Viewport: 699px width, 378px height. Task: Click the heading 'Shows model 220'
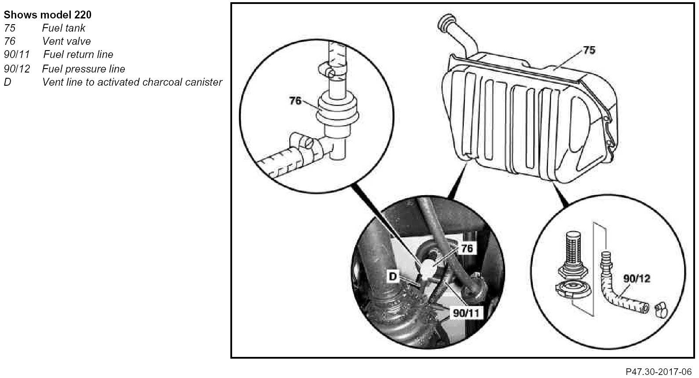pyautogui.click(x=47, y=15)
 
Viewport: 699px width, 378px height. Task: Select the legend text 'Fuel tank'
pyautogui.click(x=64, y=28)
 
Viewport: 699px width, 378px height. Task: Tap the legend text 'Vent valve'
pyautogui.click(x=66, y=41)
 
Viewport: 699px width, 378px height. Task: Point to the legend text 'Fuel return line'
pyautogui.click(x=78, y=55)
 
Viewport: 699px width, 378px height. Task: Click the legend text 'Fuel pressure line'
pyautogui.click(x=84, y=69)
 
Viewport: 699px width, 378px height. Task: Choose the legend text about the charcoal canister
pyautogui.click(x=132, y=82)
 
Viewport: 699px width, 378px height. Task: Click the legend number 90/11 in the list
pyautogui.click(x=17, y=55)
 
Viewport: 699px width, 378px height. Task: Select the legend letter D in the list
pyautogui.click(x=7, y=82)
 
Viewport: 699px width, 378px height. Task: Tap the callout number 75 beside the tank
pyautogui.click(x=589, y=50)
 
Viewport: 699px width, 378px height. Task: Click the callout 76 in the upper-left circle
pyautogui.click(x=295, y=101)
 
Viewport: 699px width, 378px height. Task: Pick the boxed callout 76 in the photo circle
pyautogui.click(x=467, y=248)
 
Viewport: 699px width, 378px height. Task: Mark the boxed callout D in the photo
pyautogui.click(x=393, y=276)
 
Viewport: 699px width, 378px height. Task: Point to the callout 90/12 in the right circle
pyautogui.click(x=637, y=278)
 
